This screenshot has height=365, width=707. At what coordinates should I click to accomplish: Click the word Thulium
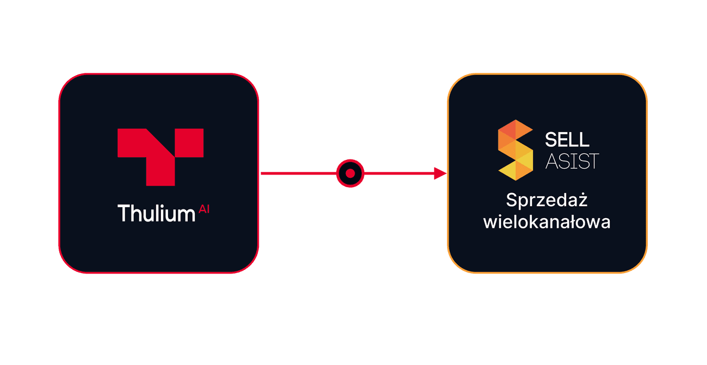(x=157, y=213)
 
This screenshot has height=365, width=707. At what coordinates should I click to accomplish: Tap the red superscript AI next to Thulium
(x=204, y=209)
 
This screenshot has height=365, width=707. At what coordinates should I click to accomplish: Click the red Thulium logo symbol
(x=160, y=157)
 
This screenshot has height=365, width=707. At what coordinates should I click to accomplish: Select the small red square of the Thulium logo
(x=189, y=143)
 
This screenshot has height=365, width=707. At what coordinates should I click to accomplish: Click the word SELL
(x=567, y=140)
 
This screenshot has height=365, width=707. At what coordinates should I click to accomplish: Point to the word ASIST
(x=572, y=162)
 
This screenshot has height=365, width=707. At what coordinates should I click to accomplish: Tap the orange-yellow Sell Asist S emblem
(x=516, y=150)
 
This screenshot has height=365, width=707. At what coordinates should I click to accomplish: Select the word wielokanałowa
(x=547, y=222)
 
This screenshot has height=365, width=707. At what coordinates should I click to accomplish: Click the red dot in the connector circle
(x=350, y=174)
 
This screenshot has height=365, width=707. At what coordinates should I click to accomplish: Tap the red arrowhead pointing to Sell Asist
(x=441, y=174)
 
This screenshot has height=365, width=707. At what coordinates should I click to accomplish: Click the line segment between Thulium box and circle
(x=299, y=174)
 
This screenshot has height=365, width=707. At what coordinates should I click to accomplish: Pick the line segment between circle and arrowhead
(x=399, y=174)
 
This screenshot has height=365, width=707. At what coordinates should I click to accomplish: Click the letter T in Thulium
(x=124, y=213)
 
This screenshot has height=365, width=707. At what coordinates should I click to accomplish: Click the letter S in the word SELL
(x=550, y=140)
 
